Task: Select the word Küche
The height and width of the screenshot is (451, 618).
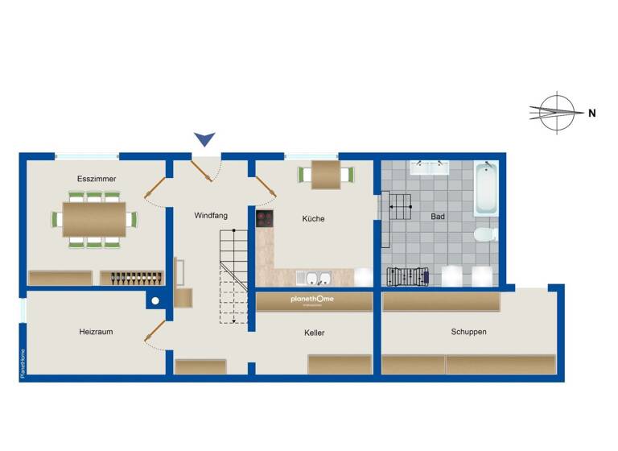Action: (x=313, y=218)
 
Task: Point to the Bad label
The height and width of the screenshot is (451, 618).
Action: (x=438, y=217)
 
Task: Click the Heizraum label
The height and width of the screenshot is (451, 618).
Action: (x=95, y=331)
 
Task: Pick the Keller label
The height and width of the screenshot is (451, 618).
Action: (x=315, y=333)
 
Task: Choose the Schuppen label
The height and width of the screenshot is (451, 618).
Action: (x=468, y=331)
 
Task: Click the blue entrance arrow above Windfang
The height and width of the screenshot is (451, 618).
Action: (x=205, y=139)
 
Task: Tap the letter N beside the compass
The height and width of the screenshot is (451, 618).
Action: (x=591, y=114)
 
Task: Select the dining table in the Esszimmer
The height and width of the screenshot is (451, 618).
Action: (x=95, y=217)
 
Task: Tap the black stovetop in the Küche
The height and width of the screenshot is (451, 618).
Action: (x=265, y=217)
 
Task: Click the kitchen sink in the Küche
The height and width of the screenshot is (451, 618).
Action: (x=314, y=279)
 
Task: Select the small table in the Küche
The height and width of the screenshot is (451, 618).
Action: (x=326, y=173)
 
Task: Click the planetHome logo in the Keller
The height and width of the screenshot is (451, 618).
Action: (x=315, y=301)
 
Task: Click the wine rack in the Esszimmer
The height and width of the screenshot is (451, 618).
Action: (x=133, y=278)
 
